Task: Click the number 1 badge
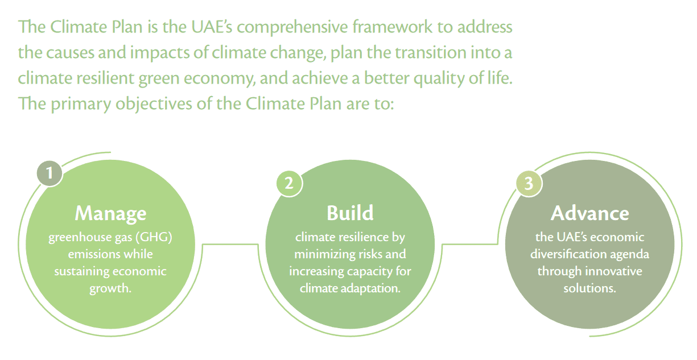[x=50, y=173]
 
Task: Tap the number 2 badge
[x=289, y=183]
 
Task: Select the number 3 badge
[x=529, y=184]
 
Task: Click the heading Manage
[x=110, y=214]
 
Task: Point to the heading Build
[x=350, y=213]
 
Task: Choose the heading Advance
[x=589, y=213]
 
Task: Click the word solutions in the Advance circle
[x=589, y=288]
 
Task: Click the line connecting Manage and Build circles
[x=230, y=245]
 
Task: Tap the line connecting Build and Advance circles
[x=470, y=245]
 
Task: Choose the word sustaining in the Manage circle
[x=82, y=272]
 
